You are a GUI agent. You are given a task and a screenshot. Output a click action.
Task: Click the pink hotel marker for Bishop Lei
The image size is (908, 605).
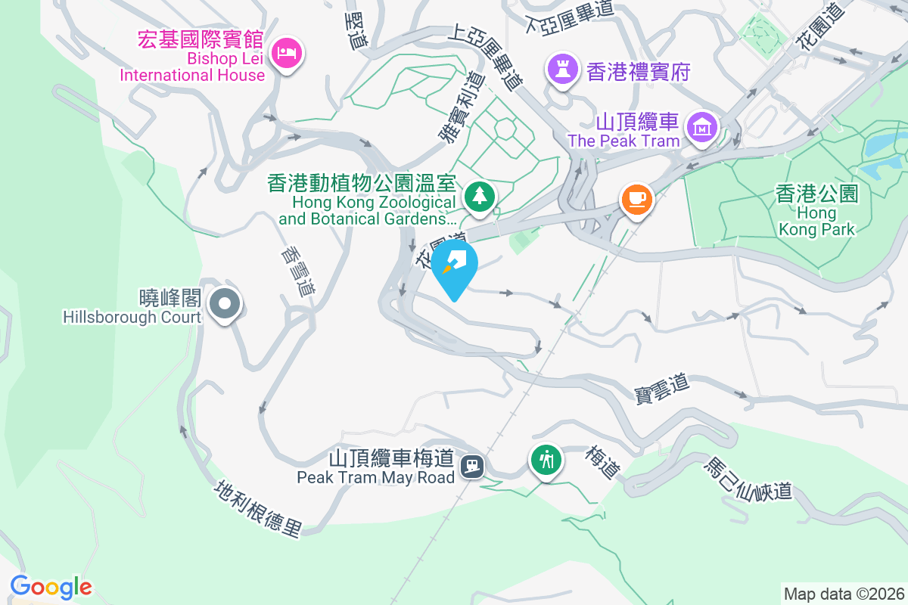[287, 53]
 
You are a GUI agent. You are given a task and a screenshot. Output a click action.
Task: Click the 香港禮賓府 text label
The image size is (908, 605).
[638, 72]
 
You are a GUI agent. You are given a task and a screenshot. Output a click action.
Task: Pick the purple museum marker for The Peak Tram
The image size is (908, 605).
[701, 128]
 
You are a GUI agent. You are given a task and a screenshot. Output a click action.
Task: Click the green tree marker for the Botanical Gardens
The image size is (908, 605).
[479, 196]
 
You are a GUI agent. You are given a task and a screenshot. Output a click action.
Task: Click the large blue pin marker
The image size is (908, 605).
[455, 266]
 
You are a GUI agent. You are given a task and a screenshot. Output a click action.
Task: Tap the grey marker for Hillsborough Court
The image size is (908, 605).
[224, 305]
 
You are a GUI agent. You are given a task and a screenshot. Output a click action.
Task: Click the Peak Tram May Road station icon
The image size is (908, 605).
[473, 465]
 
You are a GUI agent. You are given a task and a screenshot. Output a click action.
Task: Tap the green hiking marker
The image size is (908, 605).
[546, 459]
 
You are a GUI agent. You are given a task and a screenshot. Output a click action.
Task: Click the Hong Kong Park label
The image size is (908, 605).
[816, 211]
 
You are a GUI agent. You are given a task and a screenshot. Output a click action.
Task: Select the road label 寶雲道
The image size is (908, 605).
[662, 389]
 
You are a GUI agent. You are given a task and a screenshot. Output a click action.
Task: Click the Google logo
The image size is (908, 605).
[51, 586]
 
